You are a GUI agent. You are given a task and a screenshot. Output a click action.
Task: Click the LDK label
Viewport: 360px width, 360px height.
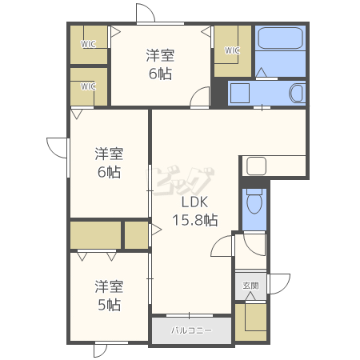[x=194, y=202]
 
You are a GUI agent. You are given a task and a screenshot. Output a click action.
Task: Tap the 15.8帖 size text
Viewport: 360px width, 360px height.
[x=195, y=220]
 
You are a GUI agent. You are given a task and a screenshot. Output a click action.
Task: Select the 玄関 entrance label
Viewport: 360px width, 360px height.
[x=250, y=286]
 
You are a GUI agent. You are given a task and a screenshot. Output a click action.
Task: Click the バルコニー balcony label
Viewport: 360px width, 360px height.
[x=191, y=330]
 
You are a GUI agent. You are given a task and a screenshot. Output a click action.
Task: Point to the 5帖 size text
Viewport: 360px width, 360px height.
[x=109, y=305]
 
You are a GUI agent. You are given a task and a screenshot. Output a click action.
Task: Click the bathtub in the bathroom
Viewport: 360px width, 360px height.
[x=281, y=38]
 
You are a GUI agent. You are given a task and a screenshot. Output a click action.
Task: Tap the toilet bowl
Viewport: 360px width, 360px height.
[x=254, y=201]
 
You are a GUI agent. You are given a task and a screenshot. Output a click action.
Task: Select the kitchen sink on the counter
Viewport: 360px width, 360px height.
[x=256, y=166]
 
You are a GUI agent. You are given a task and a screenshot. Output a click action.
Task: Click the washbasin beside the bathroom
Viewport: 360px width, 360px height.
[x=296, y=93]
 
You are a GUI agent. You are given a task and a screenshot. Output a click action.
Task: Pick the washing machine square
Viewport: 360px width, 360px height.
[x=240, y=93]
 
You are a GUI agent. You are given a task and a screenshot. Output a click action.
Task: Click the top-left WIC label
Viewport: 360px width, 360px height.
[x=88, y=44]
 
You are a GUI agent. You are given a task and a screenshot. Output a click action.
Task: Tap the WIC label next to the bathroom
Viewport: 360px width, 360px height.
[x=232, y=50]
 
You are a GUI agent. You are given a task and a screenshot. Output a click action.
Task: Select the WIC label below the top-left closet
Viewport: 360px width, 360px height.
[x=88, y=86]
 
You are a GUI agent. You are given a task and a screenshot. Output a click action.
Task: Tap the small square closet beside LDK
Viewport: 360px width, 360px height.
[x=136, y=235]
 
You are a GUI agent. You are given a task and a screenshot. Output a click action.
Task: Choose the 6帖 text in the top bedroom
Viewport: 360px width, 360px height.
[x=160, y=74]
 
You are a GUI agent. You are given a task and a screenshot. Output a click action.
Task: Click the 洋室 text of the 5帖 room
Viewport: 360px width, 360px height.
[x=109, y=286]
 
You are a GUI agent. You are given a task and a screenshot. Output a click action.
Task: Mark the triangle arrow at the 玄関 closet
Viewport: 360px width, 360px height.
[x=250, y=296]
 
